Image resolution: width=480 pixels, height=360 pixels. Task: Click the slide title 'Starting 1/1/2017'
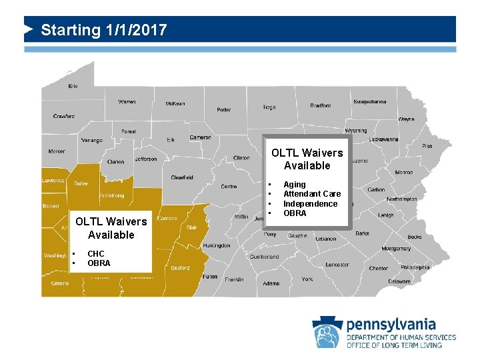103,30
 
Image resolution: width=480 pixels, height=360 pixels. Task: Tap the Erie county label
73,86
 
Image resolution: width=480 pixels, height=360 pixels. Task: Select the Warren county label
127,102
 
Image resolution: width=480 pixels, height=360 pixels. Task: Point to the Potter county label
224,109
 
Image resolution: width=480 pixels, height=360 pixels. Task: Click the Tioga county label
269,107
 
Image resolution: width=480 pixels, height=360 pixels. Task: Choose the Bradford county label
320,105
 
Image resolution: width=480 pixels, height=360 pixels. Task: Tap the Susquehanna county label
369,102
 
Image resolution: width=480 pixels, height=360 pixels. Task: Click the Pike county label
427,145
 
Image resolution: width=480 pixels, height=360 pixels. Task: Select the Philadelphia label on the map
415,267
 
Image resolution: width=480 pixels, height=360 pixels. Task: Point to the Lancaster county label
337,265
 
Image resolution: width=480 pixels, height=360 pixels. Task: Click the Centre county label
229,187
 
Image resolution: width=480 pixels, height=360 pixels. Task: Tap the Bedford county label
180,268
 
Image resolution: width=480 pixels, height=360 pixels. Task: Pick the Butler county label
81,183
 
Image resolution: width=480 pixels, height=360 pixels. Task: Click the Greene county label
60,283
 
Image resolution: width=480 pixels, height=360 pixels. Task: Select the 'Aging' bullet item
295,184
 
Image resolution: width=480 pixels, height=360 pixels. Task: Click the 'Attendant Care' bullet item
312,194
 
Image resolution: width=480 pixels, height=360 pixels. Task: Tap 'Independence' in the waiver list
310,204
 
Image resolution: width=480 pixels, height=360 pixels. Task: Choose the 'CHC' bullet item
96,254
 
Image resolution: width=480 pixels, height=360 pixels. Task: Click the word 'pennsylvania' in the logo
391,325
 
